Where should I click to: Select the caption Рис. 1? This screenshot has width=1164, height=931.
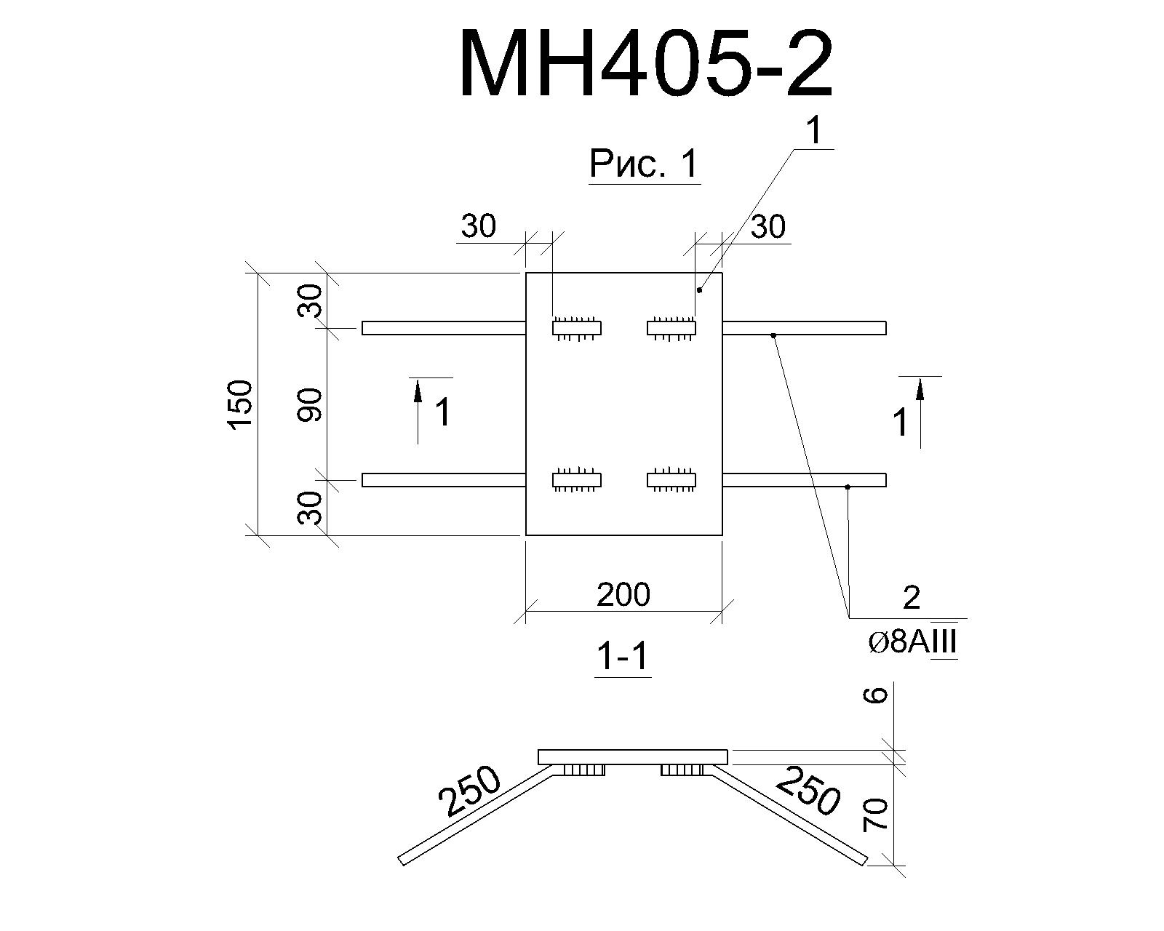tap(644, 163)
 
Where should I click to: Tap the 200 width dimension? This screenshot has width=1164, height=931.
tap(623, 594)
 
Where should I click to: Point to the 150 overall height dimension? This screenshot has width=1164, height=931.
tap(241, 405)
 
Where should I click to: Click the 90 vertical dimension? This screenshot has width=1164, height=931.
tap(310, 405)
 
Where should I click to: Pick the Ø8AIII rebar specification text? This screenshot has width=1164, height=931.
tap(912, 643)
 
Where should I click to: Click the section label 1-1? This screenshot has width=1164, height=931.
tap(622, 657)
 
